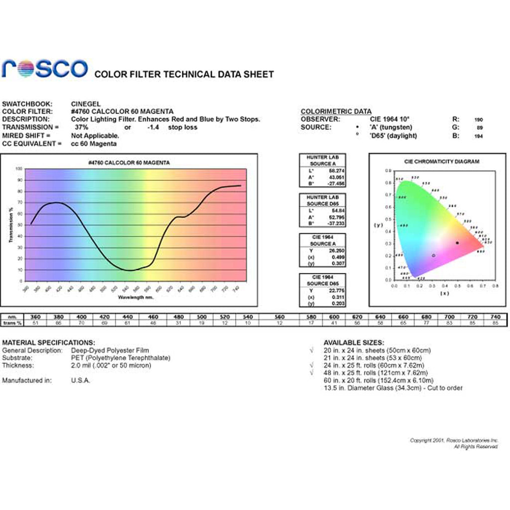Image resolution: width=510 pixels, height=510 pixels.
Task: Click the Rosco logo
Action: (44, 68)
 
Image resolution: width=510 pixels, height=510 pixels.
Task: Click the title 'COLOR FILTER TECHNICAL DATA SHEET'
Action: (184, 74)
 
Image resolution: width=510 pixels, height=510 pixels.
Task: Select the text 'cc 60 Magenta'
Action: (94, 143)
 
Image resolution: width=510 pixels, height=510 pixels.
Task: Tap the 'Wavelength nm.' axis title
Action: (135, 297)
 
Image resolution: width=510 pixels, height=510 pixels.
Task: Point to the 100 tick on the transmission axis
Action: (19, 169)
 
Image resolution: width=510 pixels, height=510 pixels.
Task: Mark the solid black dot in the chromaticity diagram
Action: (457, 243)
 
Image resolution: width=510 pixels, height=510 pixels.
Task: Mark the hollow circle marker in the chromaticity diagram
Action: (433, 255)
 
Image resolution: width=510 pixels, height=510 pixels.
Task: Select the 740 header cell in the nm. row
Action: (495, 317)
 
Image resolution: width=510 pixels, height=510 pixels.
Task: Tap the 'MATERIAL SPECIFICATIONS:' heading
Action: (48, 343)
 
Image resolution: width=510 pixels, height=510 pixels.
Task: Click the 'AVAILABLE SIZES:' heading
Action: (354, 343)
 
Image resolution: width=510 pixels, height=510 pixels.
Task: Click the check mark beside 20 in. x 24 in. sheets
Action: (311, 351)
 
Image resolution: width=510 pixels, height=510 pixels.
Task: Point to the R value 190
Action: (479, 120)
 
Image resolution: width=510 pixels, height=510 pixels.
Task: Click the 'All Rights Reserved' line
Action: (476, 447)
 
